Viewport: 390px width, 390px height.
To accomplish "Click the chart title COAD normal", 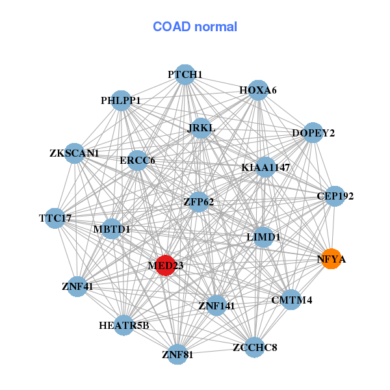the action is tap(195, 27).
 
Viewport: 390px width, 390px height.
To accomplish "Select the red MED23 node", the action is tap(166, 265).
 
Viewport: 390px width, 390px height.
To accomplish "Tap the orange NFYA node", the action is tap(331, 259).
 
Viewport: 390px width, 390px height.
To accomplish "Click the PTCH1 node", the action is tap(185, 75).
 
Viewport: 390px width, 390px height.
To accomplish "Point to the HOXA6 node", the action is tap(258, 90).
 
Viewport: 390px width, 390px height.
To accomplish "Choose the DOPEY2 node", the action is tap(313, 133).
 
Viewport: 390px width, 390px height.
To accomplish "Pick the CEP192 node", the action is tap(334, 196).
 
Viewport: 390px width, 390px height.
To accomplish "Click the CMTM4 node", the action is tap(291, 300).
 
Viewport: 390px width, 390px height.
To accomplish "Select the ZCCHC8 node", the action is tap(255, 348).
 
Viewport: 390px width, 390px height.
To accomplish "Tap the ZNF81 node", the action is tap(177, 354).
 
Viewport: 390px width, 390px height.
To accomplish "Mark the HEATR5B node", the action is tap(124, 325).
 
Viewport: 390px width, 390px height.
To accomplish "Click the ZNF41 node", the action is tap(77, 286).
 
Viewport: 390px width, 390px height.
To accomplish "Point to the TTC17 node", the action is tap(56, 218).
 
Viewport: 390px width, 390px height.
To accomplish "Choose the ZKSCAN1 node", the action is tap(75, 153).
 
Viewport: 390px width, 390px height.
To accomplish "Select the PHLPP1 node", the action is tap(121, 101).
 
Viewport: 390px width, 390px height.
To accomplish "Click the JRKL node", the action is tap(201, 127).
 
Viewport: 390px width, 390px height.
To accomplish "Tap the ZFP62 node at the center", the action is tap(199, 201).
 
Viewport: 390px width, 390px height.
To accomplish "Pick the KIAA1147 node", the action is tap(265, 167).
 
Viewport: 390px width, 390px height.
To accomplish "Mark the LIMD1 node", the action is tap(263, 237).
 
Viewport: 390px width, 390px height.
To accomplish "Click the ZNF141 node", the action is tap(216, 305).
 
